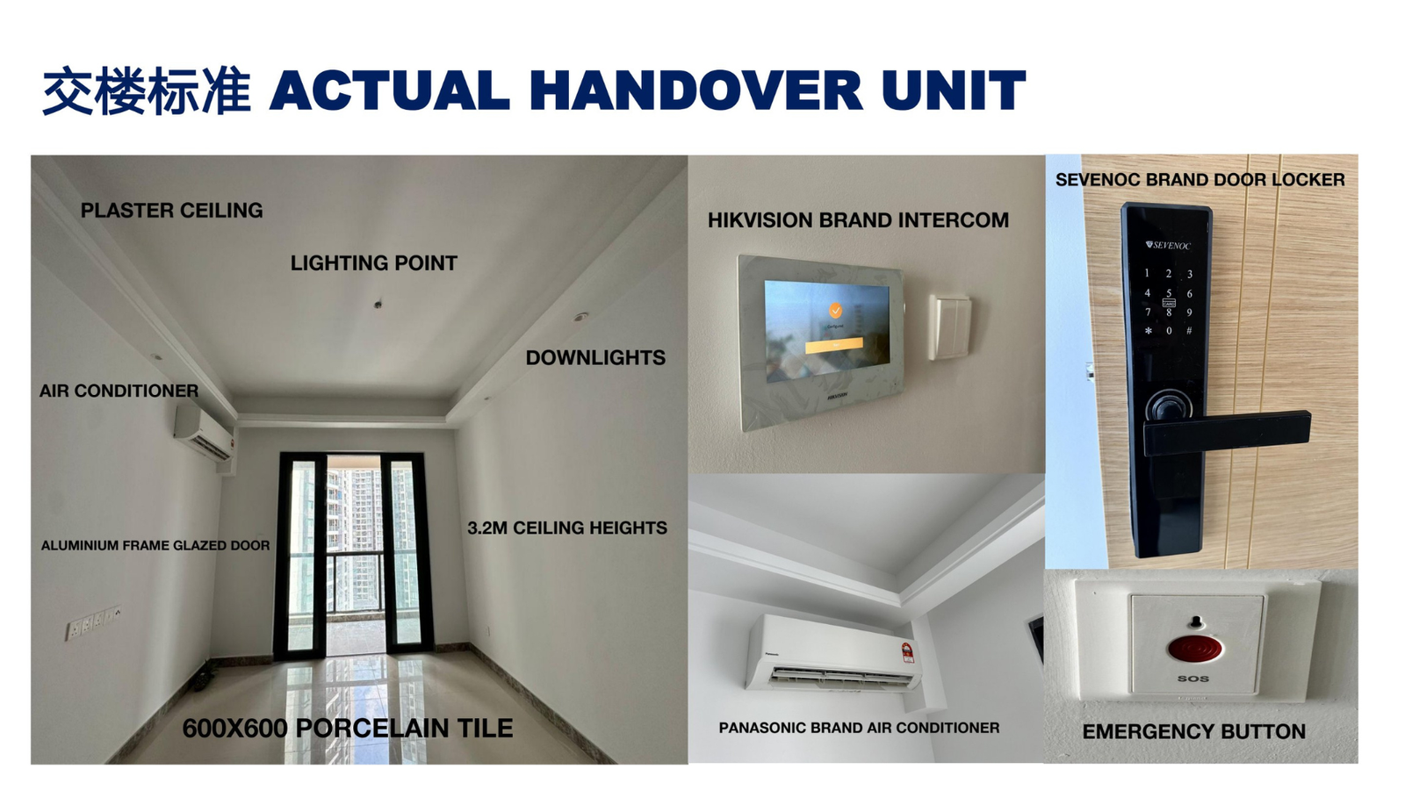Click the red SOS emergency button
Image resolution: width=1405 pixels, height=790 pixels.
coord(1195,649)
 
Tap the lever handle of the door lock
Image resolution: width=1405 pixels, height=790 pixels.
coord(1227,432)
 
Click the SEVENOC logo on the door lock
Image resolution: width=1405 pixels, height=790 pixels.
coord(1168,245)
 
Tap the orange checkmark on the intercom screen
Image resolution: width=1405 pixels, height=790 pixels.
coord(835,311)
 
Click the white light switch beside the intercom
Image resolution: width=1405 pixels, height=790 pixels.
coord(950,327)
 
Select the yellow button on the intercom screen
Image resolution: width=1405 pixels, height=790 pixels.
coord(833,346)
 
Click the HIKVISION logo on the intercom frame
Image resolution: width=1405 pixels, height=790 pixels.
coord(837,396)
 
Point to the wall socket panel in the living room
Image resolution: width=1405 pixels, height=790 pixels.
coord(93,623)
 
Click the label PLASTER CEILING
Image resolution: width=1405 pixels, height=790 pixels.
coord(172,210)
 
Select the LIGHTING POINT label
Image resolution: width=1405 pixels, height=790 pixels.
coord(374,262)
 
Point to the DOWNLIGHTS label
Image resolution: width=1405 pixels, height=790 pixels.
coord(595,357)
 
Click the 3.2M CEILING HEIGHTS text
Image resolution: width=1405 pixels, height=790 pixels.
coord(567,528)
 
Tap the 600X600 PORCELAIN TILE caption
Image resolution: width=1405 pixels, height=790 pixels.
coord(348,728)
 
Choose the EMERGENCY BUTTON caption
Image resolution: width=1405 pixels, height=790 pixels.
coord(1193,731)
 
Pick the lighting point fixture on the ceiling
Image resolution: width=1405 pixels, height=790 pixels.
coord(378,305)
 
